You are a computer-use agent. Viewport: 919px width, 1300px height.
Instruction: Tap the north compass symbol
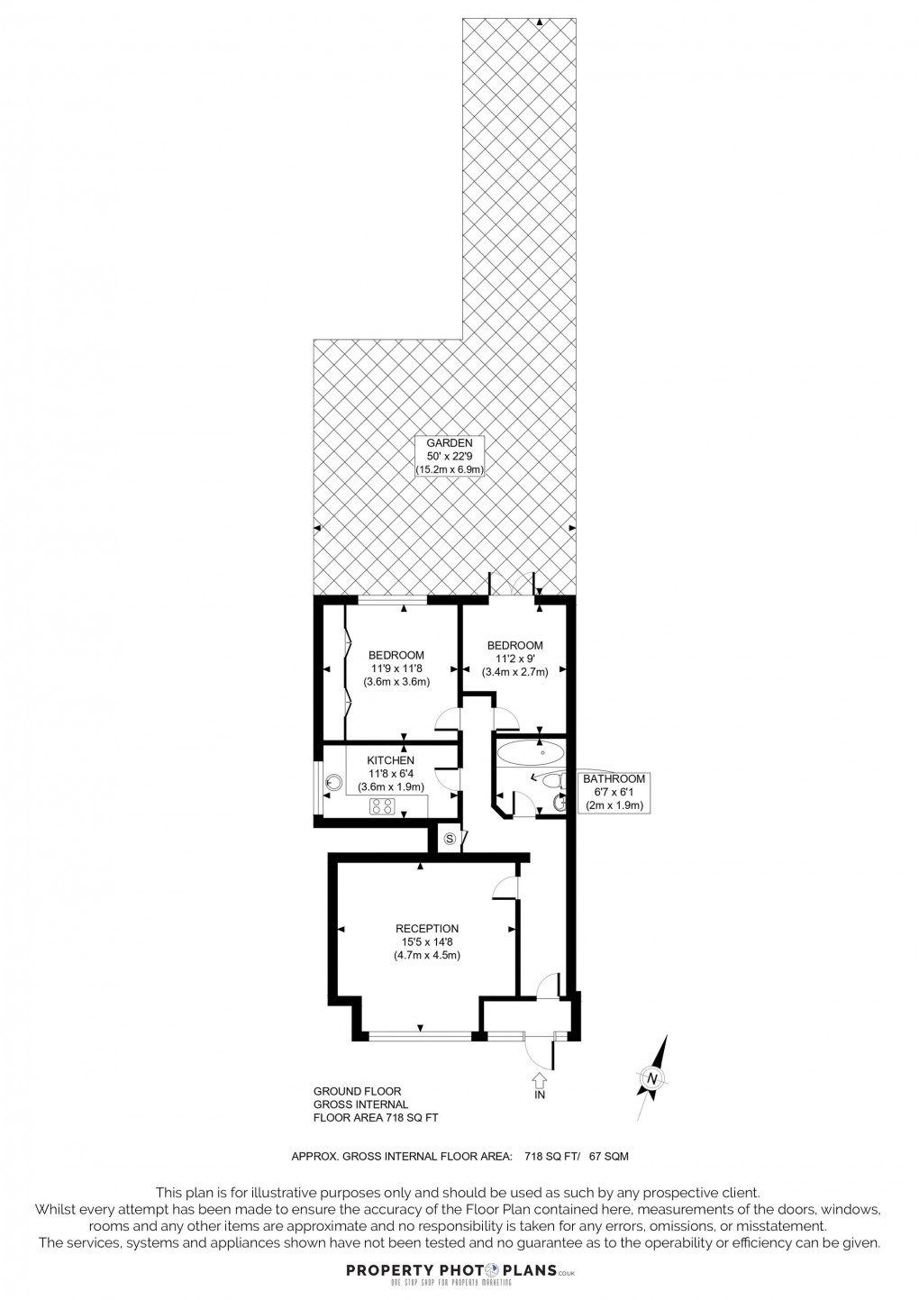(x=651, y=1077)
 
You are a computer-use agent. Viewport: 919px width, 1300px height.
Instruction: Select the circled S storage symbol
(x=452, y=840)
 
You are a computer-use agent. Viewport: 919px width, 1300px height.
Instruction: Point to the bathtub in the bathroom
(x=531, y=753)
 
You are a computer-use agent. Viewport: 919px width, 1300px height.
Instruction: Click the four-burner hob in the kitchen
(x=382, y=806)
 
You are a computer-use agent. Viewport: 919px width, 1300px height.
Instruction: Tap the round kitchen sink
(x=334, y=783)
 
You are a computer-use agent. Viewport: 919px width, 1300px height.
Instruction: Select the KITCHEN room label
(x=390, y=760)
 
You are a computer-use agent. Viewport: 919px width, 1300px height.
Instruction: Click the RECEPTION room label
(x=427, y=928)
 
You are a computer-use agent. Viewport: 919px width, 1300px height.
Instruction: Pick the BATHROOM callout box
(x=614, y=792)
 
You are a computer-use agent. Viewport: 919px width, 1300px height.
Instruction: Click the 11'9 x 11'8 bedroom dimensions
(x=396, y=668)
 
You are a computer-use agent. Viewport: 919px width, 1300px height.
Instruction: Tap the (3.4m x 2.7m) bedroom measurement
(x=514, y=672)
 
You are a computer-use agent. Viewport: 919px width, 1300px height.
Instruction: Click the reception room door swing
(x=505, y=887)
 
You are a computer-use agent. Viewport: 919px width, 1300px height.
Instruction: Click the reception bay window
(x=420, y=1035)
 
